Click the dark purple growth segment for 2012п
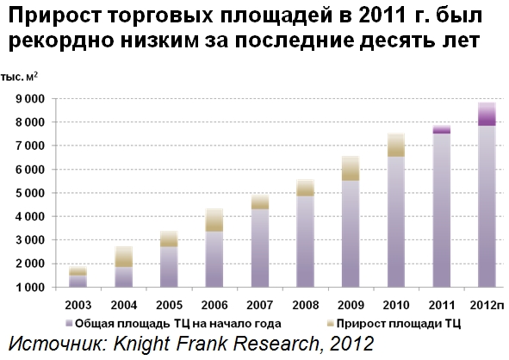tap(487, 114)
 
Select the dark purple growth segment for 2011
tap(442, 129)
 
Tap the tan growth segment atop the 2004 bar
tap(123, 258)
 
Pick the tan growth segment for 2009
tap(351, 169)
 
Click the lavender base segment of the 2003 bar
tap(78, 282)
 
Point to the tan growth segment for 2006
tap(214, 220)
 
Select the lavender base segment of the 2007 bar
tap(260, 248)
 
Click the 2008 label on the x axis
tap(305, 305)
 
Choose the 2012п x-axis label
tap(487, 305)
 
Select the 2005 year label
tap(169, 305)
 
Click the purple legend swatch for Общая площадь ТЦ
tap(69, 324)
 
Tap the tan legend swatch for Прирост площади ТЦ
tap(331, 324)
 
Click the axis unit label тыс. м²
tap(19, 77)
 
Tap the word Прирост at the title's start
tap(54, 16)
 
